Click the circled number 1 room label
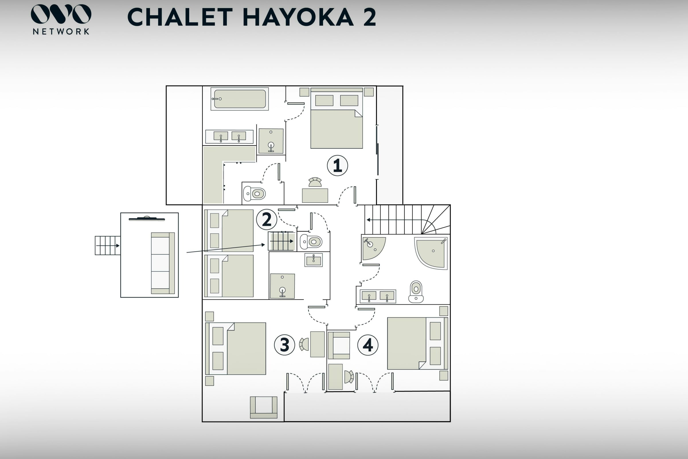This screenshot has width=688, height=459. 337,166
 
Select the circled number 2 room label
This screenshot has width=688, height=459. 267,219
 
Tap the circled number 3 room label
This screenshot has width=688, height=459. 284,345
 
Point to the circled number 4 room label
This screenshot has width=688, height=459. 368,345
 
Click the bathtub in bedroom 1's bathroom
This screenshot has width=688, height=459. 240,99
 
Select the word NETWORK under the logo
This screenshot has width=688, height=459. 61,32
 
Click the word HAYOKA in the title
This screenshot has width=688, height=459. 298,17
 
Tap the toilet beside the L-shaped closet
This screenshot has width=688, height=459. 254,193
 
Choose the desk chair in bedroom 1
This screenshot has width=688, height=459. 315,182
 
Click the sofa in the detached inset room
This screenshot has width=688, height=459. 163,263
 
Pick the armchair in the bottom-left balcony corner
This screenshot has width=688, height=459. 263,407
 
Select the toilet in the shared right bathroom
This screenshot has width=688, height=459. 416,291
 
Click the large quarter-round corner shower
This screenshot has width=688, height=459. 431,253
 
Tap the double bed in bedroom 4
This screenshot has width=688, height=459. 417,343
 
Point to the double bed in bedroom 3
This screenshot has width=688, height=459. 236,349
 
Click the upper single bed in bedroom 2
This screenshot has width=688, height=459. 229,231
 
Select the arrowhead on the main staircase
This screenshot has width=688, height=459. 369,220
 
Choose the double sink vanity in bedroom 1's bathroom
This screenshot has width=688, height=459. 229,137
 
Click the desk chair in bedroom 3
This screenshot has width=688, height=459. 304,344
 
